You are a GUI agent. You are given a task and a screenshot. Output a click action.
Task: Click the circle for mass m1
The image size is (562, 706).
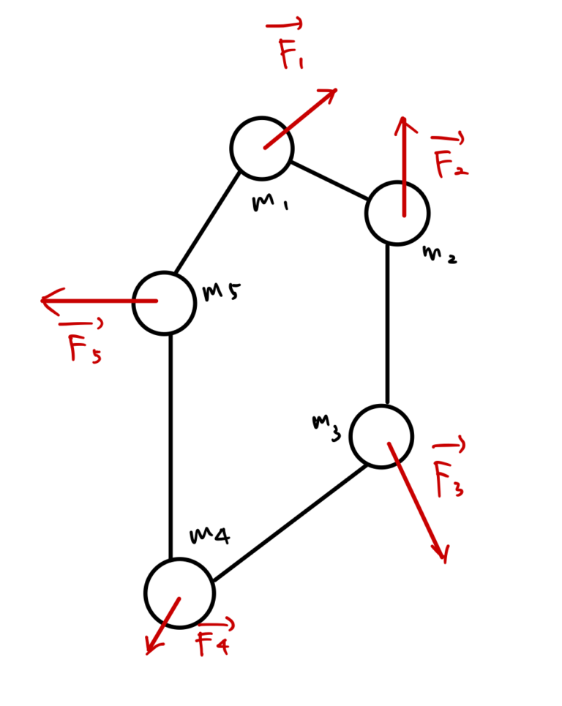(x=262, y=149)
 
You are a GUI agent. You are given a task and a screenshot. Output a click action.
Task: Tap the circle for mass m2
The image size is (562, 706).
(x=397, y=213)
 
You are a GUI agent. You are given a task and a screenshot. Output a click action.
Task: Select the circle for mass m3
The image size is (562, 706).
(x=381, y=437)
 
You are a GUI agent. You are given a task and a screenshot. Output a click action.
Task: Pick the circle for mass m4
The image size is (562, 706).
(x=179, y=593)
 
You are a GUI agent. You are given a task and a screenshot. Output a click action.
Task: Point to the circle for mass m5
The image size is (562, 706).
(x=165, y=303)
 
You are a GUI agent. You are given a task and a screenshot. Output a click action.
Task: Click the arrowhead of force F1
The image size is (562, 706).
(x=333, y=92)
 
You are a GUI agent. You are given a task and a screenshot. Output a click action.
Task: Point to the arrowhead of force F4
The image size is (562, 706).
(x=150, y=650)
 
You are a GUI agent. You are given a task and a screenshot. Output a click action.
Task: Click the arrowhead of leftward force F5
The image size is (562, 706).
(x=45, y=301)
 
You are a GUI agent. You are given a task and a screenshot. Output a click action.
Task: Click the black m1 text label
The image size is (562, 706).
(x=269, y=203)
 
